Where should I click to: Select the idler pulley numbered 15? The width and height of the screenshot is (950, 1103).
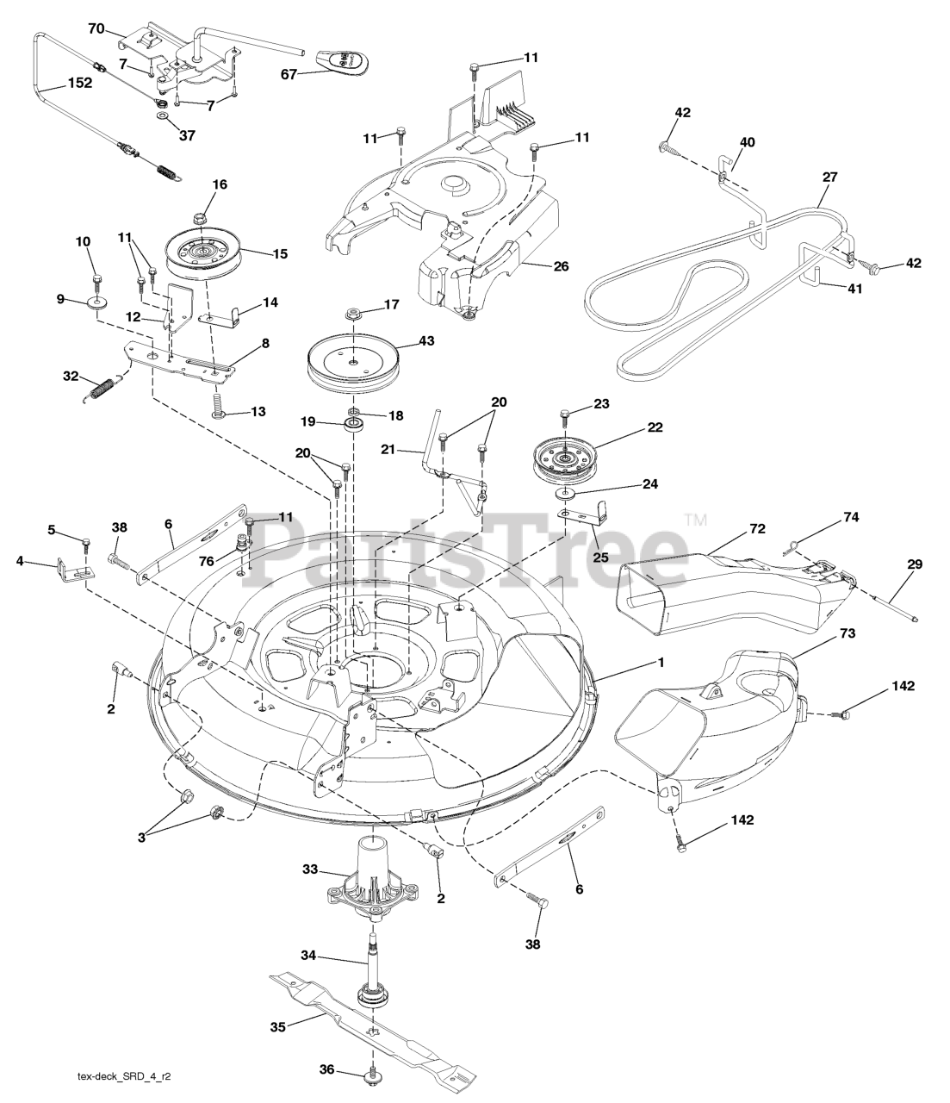click(204, 251)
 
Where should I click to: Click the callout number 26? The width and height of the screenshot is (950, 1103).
click(561, 266)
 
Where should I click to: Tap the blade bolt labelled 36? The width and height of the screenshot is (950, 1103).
click(372, 1073)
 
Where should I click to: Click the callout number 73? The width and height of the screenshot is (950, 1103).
click(847, 634)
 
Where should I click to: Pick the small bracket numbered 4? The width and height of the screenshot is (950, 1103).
click(71, 568)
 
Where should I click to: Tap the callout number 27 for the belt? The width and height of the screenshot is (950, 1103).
click(829, 178)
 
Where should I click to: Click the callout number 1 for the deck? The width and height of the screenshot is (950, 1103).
click(661, 663)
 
